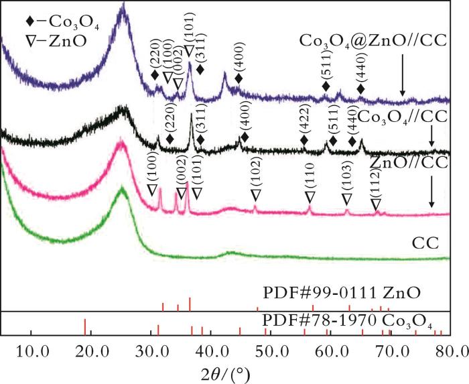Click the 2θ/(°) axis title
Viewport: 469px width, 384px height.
(231, 371)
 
